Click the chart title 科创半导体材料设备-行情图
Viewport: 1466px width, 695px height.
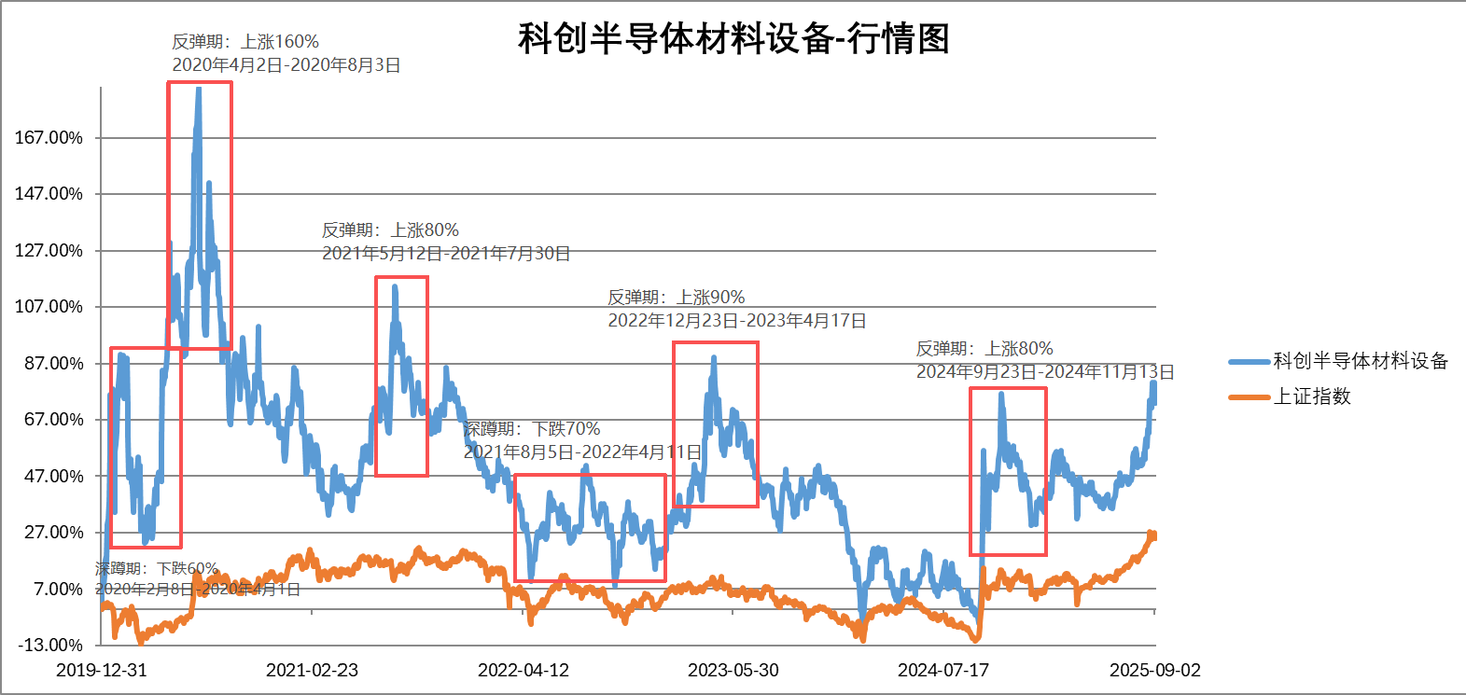tap(733, 39)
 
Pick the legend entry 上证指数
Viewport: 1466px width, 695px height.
tap(1312, 396)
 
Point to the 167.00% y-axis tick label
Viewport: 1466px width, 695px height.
tap(49, 138)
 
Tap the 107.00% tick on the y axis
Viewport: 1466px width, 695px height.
tap(49, 307)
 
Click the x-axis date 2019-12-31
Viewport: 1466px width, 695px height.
tap(102, 670)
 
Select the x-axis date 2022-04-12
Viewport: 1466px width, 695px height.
tap(524, 670)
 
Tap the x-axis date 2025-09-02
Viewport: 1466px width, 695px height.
tap(1154, 670)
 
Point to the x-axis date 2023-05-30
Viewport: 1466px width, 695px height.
tap(733, 670)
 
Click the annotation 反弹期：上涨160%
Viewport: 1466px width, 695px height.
tap(245, 42)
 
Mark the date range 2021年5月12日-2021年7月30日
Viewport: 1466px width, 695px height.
tap(446, 254)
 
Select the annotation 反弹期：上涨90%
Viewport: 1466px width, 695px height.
tap(677, 298)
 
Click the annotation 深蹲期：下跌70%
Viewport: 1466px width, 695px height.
tap(532, 429)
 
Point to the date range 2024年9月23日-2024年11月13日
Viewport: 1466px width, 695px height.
tap(1045, 372)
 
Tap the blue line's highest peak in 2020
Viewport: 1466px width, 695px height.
tap(198, 90)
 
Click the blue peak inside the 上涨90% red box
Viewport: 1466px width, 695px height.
tap(714, 357)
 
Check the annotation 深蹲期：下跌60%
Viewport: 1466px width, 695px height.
tap(157, 568)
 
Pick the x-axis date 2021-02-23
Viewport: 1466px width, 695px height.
tap(312, 670)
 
